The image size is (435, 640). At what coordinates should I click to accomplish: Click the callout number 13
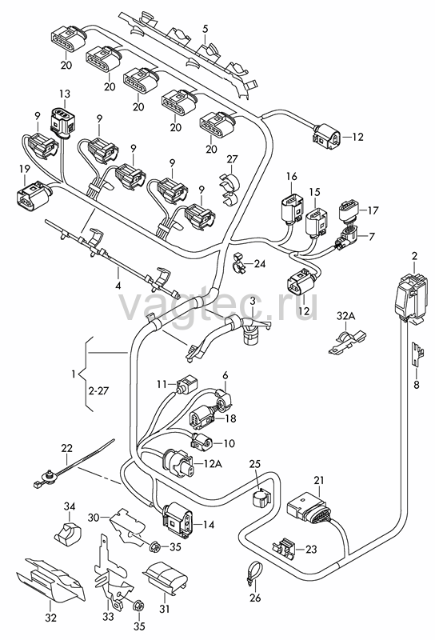pyautogui.click(x=65, y=94)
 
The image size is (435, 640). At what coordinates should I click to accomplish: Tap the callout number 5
pyautogui.click(x=205, y=29)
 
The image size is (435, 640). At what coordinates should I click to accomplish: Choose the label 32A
pyautogui.click(x=345, y=315)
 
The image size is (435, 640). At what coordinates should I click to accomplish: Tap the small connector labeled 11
pyautogui.click(x=186, y=383)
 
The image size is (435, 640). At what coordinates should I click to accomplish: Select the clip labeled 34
pyautogui.click(x=68, y=533)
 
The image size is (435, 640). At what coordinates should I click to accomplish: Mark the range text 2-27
pyautogui.click(x=98, y=390)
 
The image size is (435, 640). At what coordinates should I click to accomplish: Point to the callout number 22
pyautogui.click(x=67, y=448)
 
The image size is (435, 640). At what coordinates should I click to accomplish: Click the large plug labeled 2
pyautogui.click(x=412, y=294)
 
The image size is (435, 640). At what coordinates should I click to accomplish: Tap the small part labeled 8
pyautogui.click(x=417, y=354)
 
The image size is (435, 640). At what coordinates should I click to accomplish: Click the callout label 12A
pyautogui.click(x=212, y=464)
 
